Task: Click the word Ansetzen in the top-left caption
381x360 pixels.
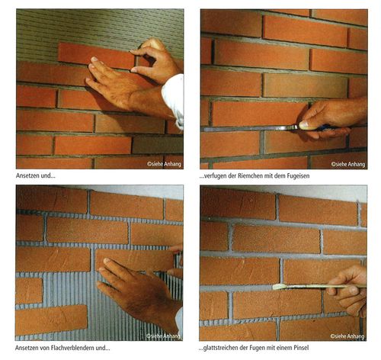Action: coord(27,175)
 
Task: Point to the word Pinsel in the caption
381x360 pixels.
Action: coord(301,348)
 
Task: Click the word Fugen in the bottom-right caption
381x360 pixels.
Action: coord(255,348)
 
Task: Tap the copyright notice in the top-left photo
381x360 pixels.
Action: coord(164,164)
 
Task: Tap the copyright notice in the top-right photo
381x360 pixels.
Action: coord(348,164)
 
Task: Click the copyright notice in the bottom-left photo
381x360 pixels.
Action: coord(164,336)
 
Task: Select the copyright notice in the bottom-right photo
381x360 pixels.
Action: coord(347,336)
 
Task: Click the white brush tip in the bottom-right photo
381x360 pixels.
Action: coord(279,287)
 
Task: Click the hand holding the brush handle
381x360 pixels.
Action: coord(349,290)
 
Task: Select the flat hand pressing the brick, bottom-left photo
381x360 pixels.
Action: coord(137,292)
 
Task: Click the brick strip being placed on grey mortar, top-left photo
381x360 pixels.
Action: coord(97,56)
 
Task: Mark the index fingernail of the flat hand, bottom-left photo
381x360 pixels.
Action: coord(107,261)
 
